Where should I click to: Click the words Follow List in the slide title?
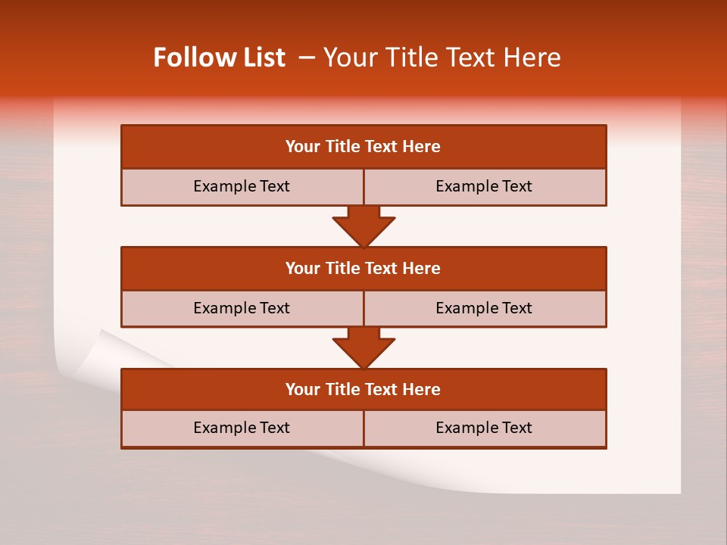tap(219, 58)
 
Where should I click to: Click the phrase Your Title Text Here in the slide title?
tap(442, 58)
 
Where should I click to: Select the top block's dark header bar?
tap(363, 147)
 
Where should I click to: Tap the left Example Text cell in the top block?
tap(242, 186)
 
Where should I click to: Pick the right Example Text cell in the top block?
tap(484, 186)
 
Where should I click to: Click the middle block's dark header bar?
tap(363, 268)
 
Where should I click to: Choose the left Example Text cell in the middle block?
tap(242, 308)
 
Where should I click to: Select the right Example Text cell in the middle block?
tap(484, 308)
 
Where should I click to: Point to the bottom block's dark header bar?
tap(363, 389)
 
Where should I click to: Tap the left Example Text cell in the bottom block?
tap(242, 428)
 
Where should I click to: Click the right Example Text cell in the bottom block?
tap(484, 428)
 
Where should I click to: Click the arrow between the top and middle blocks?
tap(363, 226)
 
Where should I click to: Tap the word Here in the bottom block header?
tap(422, 389)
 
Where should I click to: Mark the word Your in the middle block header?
tap(302, 268)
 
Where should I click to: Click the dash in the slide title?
tap(307, 58)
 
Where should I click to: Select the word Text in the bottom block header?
tap(381, 389)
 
